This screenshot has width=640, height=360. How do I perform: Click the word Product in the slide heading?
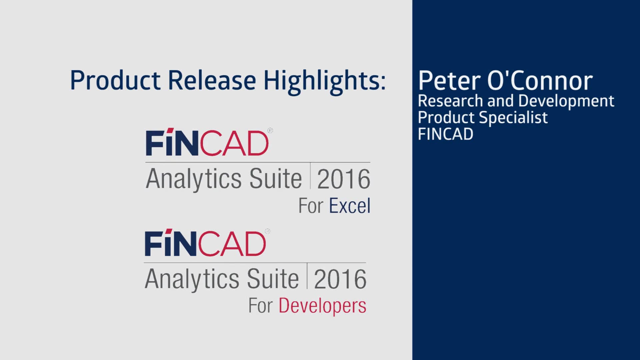pyautogui.click(x=115, y=81)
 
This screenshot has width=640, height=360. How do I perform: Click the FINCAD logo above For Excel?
pyautogui.click(x=207, y=142)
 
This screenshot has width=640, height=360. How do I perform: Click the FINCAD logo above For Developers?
pyautogui.click(x=205, y=243)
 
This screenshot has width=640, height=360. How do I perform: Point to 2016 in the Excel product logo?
pyautogui.click(x=343, y=179)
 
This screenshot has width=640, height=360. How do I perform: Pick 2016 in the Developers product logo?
pyautogui.click(x=340, y=279)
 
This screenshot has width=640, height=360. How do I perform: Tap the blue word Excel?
pyautogui.click(x=350, y=206)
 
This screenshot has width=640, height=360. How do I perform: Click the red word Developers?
pyautogui.click(x=322, y=306)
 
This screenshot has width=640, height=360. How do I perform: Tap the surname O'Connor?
pyautogui.click(x=540, y=81)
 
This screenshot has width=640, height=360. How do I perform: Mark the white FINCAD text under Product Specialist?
pyautogui.click(x=445, y=134)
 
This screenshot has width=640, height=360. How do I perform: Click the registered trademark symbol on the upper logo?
pyautogui.click(x=270, y=131)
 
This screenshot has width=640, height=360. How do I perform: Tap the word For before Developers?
pyautogui.click(x=260, y=306)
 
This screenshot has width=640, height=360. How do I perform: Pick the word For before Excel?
pyautogui.click(x=311, y=206)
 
